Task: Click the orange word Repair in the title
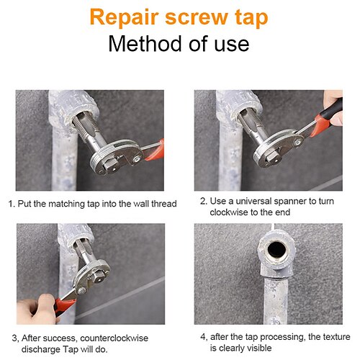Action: click(x=124, y=17)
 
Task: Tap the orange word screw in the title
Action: click(x=197, y=17)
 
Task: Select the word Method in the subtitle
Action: click(x=145, y=44)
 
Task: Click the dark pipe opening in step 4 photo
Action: click(x=276, y=249)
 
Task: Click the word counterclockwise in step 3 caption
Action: click(x=114, y=338)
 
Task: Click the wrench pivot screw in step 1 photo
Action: click(x=137, y=158)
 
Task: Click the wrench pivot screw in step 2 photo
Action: click(x=298, y=143)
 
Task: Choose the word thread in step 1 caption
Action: click(x=164, y=204)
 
